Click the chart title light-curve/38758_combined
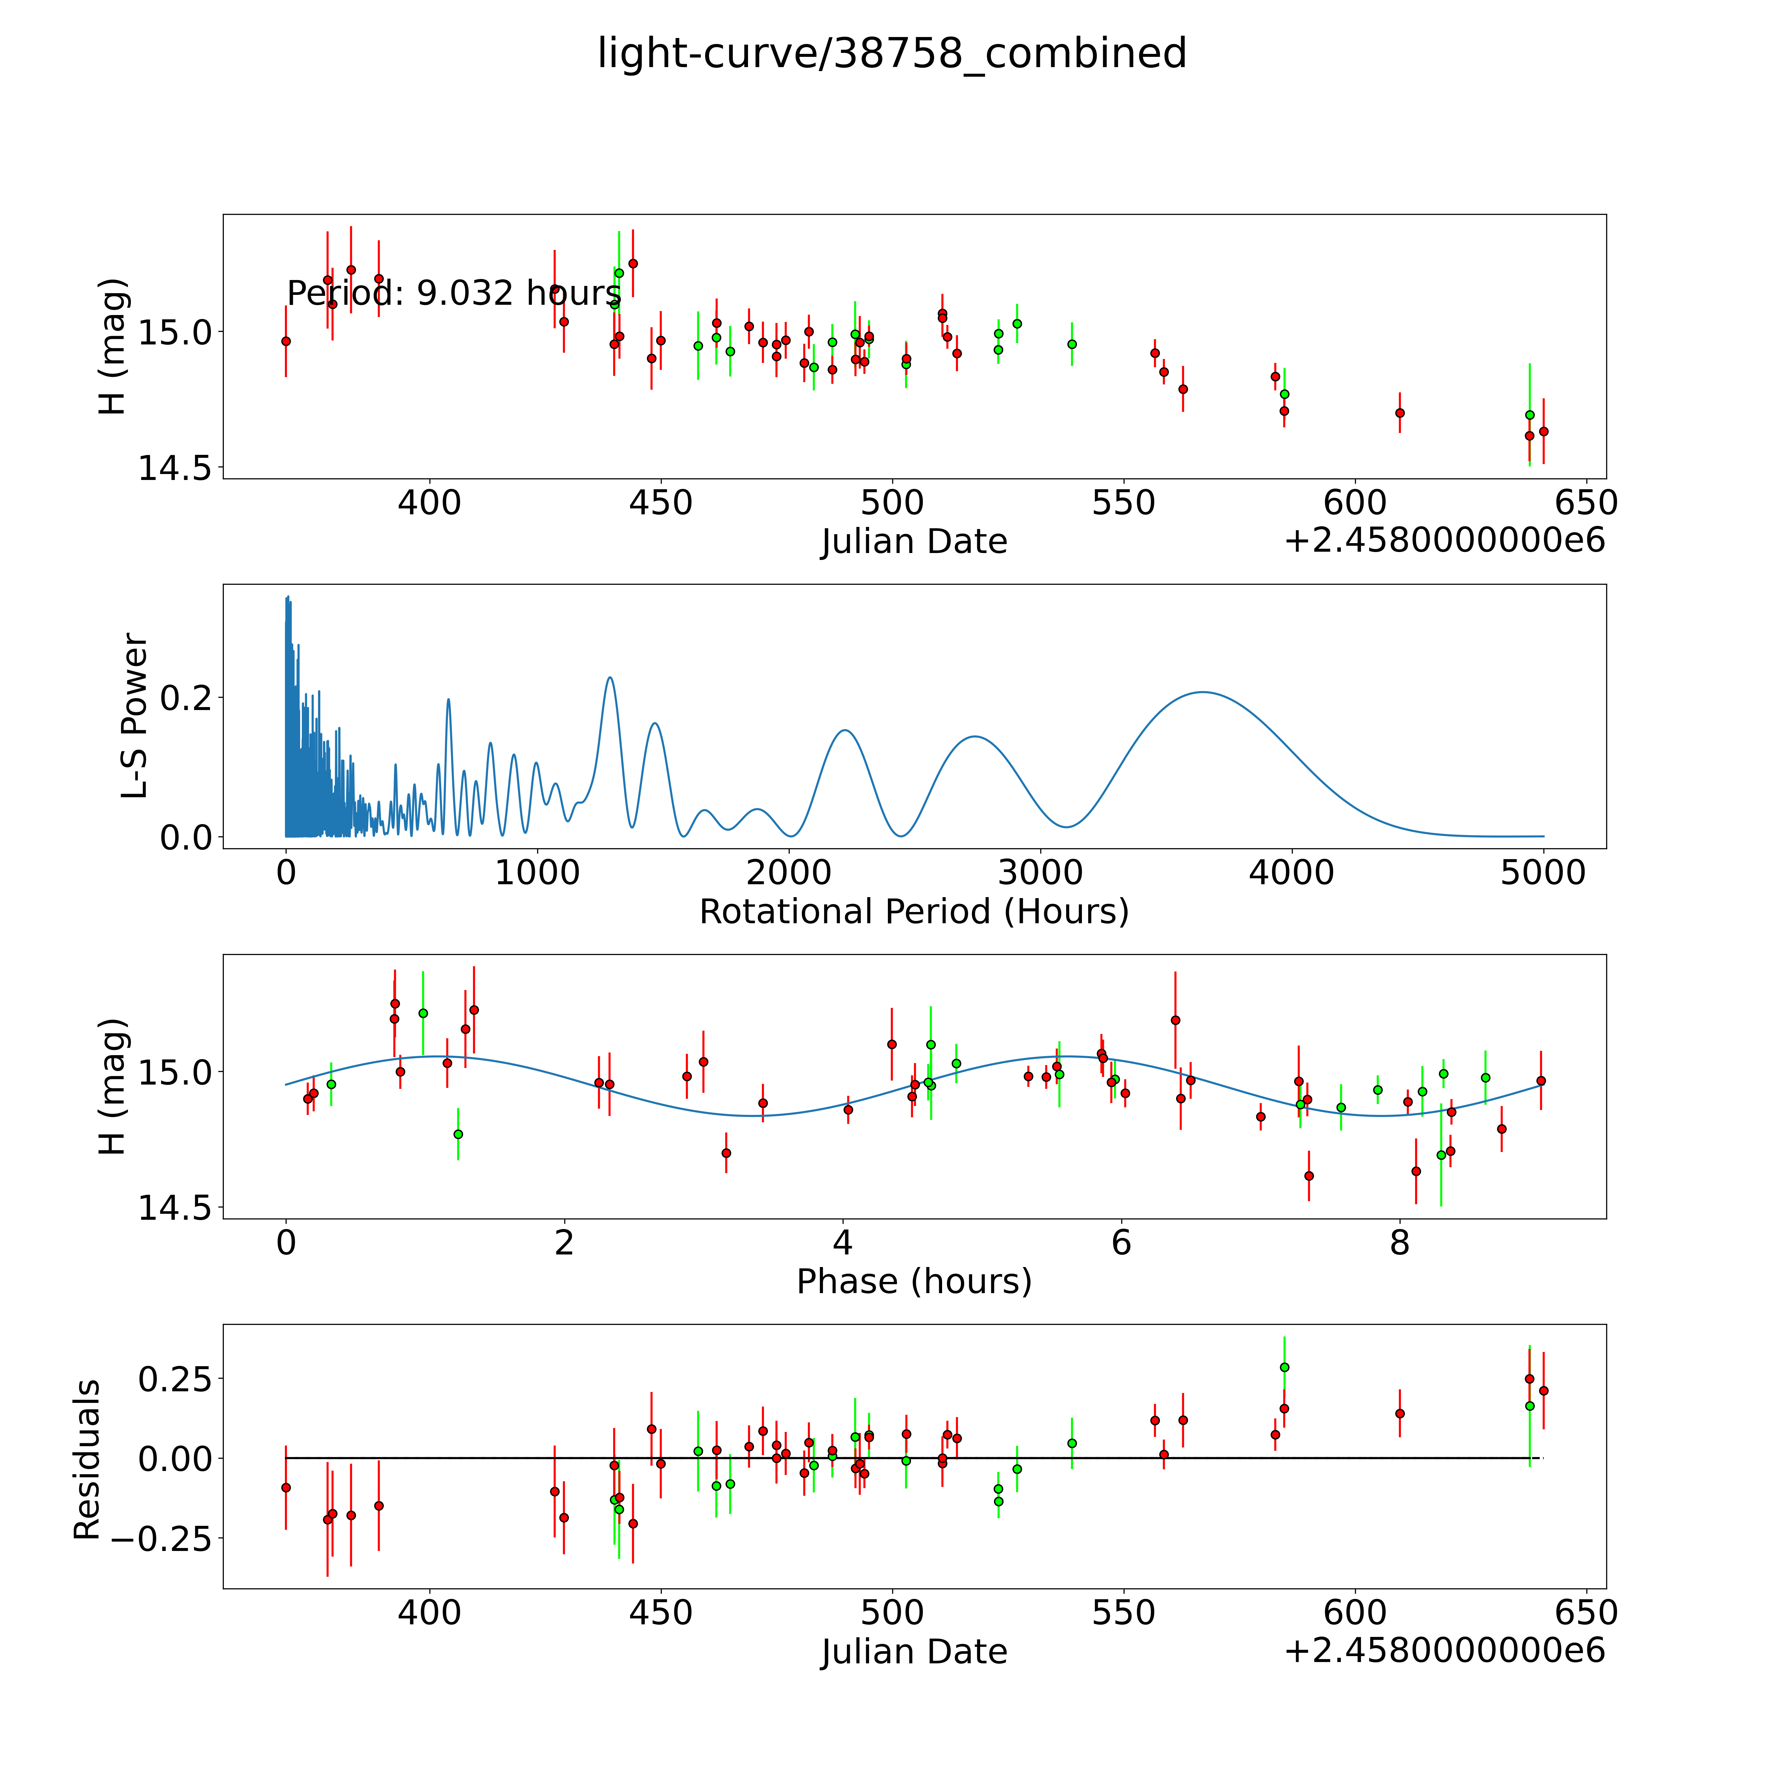[892, 54]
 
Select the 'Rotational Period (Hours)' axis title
[914, 912]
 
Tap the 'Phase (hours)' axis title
[914, 1282]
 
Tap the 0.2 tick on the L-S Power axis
[185, 697]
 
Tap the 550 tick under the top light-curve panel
[1124, 503]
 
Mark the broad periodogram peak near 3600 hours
[1203, 692]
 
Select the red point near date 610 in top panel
[1400, 413]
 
